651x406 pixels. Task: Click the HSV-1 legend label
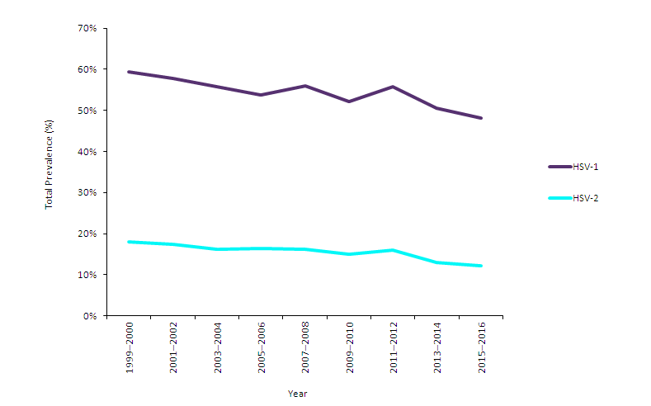pos(585,167)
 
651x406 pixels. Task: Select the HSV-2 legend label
pos(585,198)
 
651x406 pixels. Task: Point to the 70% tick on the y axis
pos(87,28)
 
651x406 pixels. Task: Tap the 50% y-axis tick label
pos(87,111)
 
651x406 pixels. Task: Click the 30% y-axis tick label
pos(87,192)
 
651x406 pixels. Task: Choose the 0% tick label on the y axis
pos(90,316)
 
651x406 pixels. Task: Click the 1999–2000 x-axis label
pos(130,349)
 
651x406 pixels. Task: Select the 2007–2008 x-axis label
pos(305,349)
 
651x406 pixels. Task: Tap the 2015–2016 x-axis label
pos(481,349)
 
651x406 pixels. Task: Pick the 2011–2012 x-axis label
pos(394,349)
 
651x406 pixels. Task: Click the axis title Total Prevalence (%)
pos(50,164)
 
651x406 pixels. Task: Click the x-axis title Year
pos(297,394)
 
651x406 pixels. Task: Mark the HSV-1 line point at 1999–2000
pos(130,72)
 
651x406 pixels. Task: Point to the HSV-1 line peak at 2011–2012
pos(393,87)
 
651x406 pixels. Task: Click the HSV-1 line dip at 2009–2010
pos(349,101)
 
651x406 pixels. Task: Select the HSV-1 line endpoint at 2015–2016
pos(481,118)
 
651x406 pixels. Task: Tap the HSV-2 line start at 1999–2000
pos(130,242)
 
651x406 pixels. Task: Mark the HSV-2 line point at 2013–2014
pos(437,262)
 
